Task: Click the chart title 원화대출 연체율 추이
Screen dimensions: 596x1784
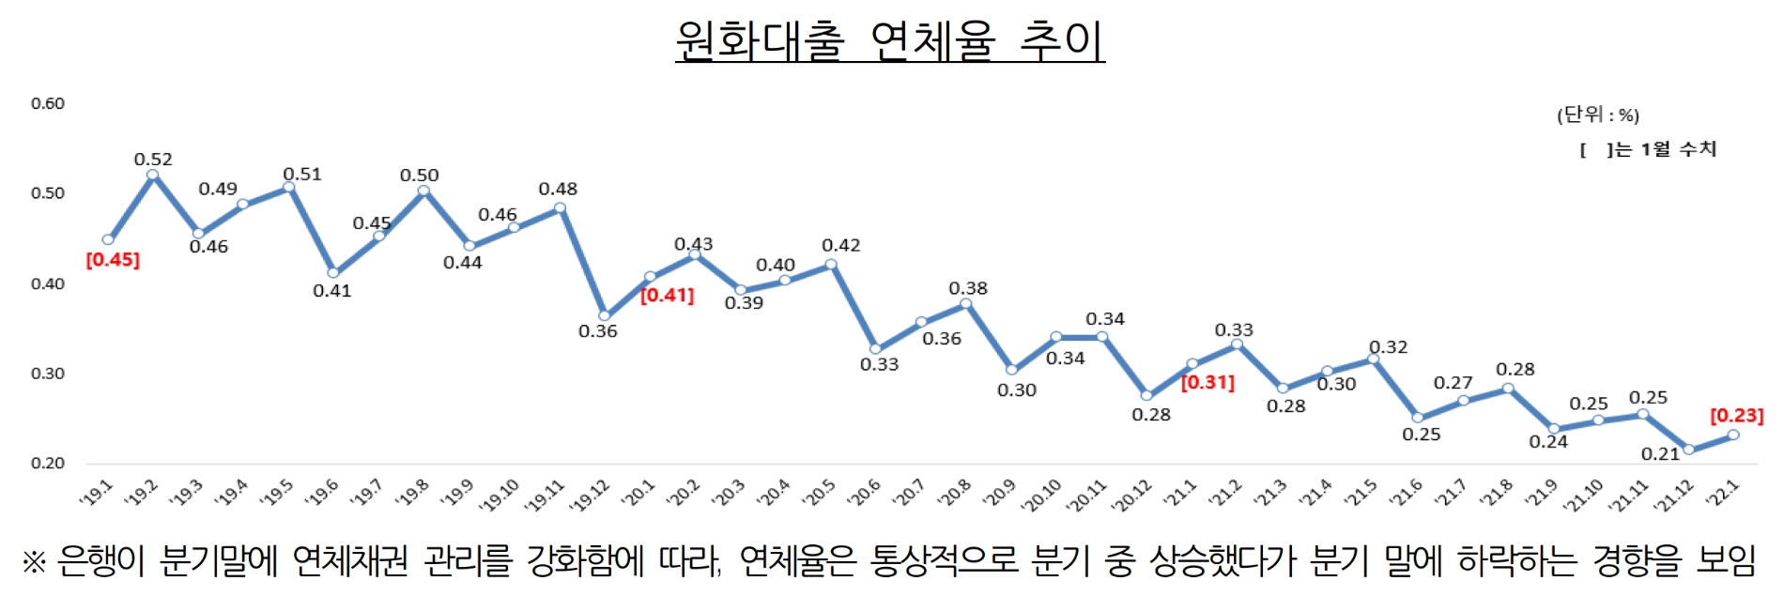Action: click(x=889, y=40)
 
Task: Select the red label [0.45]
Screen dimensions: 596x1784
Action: click(x=113, y=260)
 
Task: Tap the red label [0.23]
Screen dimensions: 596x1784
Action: click(x=1736, y=416)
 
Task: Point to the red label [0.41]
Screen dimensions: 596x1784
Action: click(x=667, y=296)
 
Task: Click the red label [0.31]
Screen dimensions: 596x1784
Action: click(x=1207, y=383)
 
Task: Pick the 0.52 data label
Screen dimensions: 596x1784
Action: click(x=153, y=160)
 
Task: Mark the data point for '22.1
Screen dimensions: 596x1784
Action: click(x=1733, y=435)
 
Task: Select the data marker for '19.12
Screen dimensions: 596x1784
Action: click(x=605, y=316)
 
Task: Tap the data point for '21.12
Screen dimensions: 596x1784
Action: click(x=1689, y=450)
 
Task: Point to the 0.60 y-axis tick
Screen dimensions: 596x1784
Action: click(x=48, y=103)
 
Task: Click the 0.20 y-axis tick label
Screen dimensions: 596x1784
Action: click(x=48, y=463)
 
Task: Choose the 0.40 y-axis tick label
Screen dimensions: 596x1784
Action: click(x=48, y=283)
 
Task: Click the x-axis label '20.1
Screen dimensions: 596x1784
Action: click(x=638, y=493)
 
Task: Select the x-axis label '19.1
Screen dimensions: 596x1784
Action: click(x=97, y=493)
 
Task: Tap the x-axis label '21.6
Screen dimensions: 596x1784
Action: click(x=1406, y=493)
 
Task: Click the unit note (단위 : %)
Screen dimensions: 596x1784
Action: click(x=1598, y=115)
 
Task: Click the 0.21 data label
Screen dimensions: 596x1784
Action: click(x=1660, y=454)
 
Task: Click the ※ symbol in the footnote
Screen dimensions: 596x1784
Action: click(x=34, y=562)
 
